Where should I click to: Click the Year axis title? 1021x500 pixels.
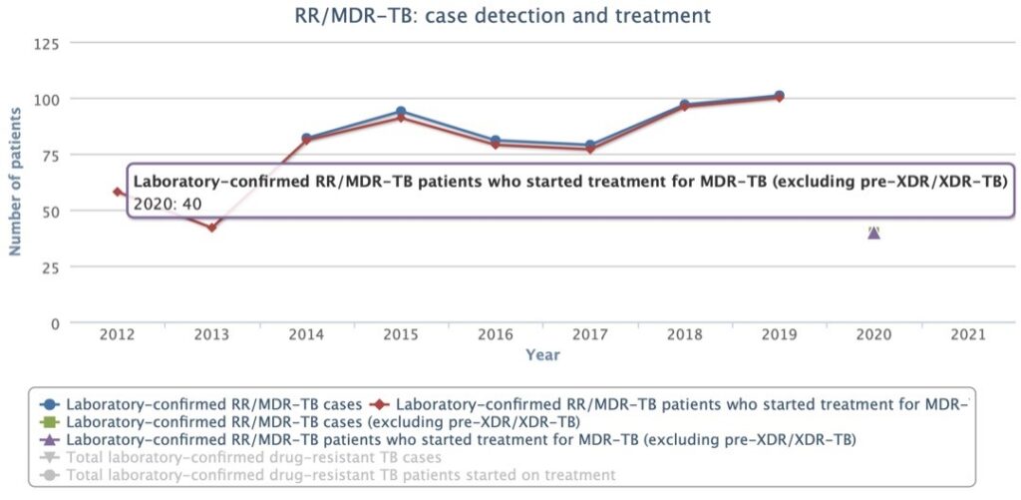click(x=542, y=354)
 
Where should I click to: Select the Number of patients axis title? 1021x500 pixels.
click(x=16, y=184)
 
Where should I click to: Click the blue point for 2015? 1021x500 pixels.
click(x=401, y=112)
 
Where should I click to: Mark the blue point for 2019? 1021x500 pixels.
click(x=779, y=96)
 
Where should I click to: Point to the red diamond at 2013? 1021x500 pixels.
click(x=211, y=228)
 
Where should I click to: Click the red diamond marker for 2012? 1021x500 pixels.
click(x=118, y=192)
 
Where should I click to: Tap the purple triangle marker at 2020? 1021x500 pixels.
click(x=873, y=233)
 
